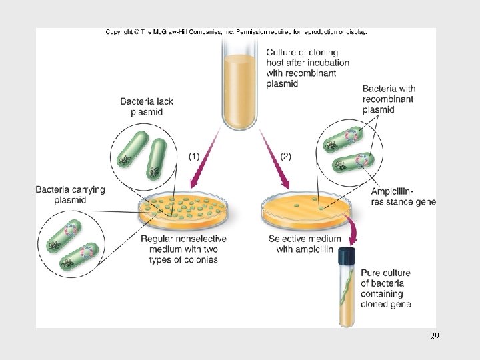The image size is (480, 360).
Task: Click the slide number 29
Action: coord(434,337)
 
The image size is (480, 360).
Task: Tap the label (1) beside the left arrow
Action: coord(193,156)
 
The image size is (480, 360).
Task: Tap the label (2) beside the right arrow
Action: coord(285,156)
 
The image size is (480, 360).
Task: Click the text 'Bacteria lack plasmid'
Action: coord(146,107)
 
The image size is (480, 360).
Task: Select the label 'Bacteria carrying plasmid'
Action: coord(70,195)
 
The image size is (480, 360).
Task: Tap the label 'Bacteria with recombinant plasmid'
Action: coord(389,99)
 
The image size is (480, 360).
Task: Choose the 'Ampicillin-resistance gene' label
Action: coord(403,197)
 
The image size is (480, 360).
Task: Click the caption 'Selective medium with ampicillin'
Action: coord(304,244)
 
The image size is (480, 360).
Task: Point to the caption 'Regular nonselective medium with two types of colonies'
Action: coord(183,249)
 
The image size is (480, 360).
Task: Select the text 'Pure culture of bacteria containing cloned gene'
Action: coord(385,288)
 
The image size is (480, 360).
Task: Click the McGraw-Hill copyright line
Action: coord(236,32)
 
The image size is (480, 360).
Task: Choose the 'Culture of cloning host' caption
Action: coord(307,68)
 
